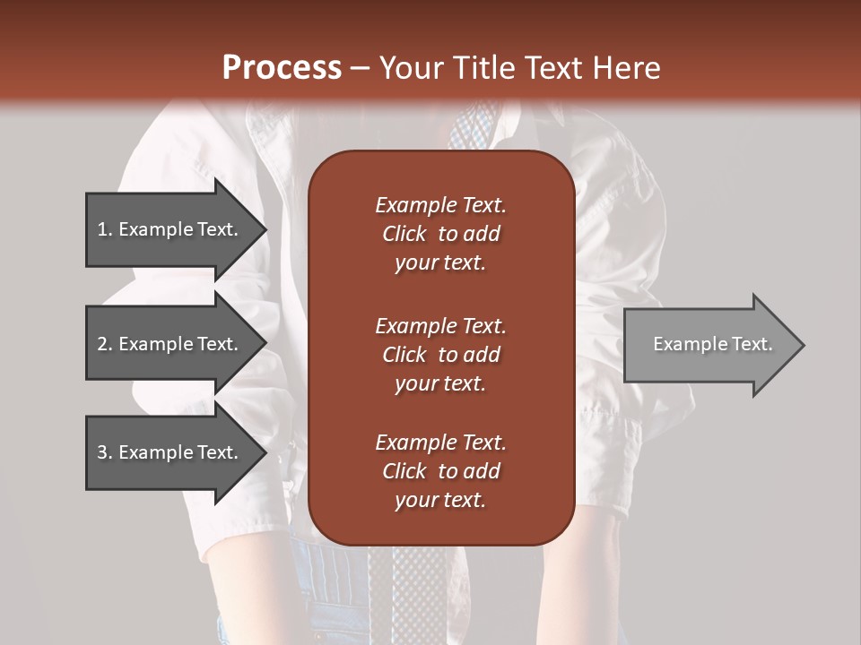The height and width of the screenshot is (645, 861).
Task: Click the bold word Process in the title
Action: (x=282, y=67)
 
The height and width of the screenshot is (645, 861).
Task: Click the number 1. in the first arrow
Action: (x=105, y=230)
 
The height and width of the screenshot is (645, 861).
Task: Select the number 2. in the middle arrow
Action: (x=105, y=344)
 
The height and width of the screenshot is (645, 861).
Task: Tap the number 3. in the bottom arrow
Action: (x=105, y=452)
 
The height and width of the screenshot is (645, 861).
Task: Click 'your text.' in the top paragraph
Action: (x=440, y=263)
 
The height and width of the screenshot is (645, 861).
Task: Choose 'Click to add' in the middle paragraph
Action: (x=440, y=355)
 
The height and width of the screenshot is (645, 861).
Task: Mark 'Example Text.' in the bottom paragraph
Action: (x=440, y=443)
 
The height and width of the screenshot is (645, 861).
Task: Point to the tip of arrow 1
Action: (x=265, y=230)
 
